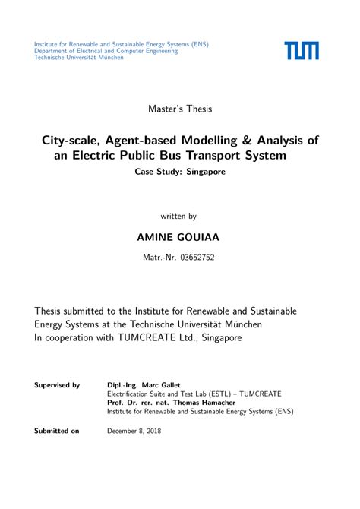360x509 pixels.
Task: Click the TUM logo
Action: [302, 51]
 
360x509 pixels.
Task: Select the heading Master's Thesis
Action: [180, 109]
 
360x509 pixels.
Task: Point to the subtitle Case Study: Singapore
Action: [180, 172]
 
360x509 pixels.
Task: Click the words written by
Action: [180, 216]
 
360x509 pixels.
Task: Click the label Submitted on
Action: [56, 431]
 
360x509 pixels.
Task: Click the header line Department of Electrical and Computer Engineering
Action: [106, 51]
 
